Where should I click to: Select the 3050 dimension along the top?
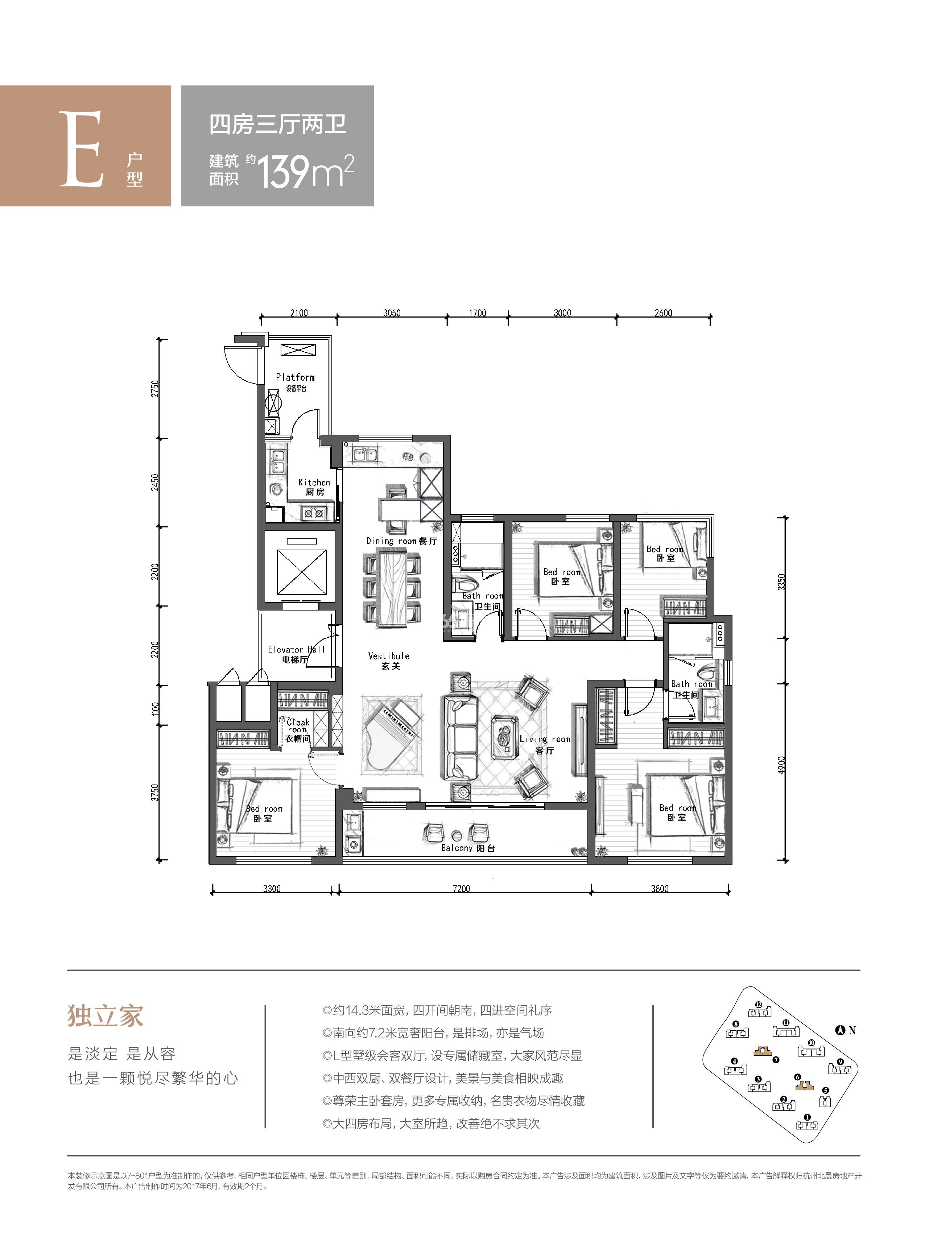coord(392,313)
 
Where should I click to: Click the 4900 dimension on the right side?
coord(782,765)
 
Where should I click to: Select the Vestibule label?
coord(389,661)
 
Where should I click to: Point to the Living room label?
coord(545,745)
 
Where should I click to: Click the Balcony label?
coord(468,848)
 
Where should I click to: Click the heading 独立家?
coord(106,1016)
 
